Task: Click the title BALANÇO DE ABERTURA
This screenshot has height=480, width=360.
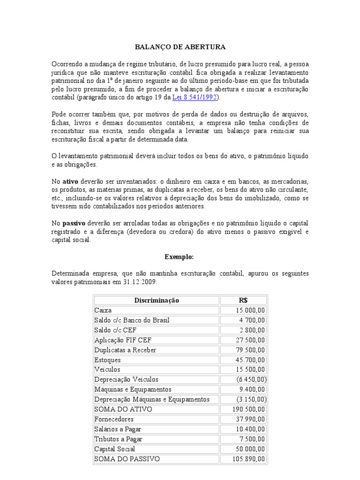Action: click(180, 47)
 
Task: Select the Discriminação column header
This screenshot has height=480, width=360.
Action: click(157, 300)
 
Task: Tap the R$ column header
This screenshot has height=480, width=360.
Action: click(244, 300)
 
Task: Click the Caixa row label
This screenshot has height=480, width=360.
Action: click(103, 310)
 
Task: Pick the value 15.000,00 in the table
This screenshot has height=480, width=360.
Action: click(250, 310)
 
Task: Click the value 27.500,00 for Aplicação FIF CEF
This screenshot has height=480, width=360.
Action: click(250, 340)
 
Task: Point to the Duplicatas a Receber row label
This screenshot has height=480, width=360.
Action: click(125, 350)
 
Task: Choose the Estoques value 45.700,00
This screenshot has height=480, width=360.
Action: click(250, 360)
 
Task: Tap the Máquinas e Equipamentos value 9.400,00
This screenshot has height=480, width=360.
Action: click(252, 389)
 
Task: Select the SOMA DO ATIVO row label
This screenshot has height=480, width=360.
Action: click(123, 409)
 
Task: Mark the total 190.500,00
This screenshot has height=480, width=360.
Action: click(249, 409)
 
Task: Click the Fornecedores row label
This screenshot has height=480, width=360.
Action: click(114, 419)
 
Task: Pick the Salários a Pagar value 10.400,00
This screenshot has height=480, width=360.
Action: click(250, 429)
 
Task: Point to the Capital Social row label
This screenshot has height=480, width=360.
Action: click(115, 449)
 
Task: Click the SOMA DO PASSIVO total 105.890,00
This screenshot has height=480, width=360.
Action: click(249, 459)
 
